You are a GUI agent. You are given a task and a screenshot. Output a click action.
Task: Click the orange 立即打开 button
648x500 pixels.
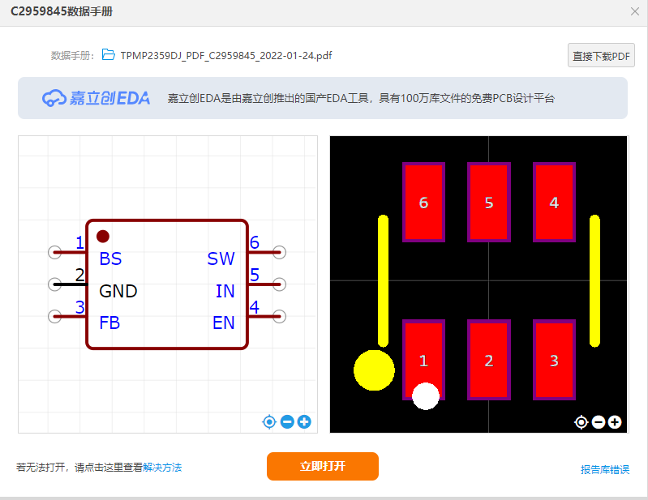(322, 466)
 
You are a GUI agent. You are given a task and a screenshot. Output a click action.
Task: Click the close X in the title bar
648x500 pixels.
(634, 11)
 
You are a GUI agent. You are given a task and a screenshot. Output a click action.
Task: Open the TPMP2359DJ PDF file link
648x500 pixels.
(225, 56)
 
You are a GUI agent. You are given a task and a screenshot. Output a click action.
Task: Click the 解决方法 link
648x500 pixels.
(162, 468)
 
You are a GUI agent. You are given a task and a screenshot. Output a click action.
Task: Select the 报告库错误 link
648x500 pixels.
(604, 469)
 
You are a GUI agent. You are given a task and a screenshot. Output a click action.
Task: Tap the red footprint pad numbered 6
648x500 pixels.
(423, 203)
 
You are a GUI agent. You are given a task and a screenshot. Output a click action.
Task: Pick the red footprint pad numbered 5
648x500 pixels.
(488, 203)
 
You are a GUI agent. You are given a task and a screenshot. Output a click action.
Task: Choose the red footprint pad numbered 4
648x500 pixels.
(554, 203)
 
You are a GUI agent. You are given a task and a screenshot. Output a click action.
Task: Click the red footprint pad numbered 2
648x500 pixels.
(488, 361)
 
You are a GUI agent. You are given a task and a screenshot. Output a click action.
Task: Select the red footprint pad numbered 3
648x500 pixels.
(554, 361)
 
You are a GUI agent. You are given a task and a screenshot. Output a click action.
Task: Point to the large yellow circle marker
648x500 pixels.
(374, 370)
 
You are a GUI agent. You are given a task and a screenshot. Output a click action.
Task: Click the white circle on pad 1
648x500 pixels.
(426, 395)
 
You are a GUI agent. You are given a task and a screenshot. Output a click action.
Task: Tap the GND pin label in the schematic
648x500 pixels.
(118, 291)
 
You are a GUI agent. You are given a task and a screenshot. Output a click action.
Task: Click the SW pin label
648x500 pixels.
(221, 259)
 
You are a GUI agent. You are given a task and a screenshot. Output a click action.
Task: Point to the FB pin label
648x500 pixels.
(109, 323)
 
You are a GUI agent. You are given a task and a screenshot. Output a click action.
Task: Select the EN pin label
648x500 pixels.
(223, 323)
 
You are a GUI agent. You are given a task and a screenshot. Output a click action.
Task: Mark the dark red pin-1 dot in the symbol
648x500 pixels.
(103, 236)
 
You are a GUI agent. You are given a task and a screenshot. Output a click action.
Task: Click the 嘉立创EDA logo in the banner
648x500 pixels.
(97, 98)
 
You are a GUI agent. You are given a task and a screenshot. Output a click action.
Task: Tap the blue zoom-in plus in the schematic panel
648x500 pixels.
(304, 421)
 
